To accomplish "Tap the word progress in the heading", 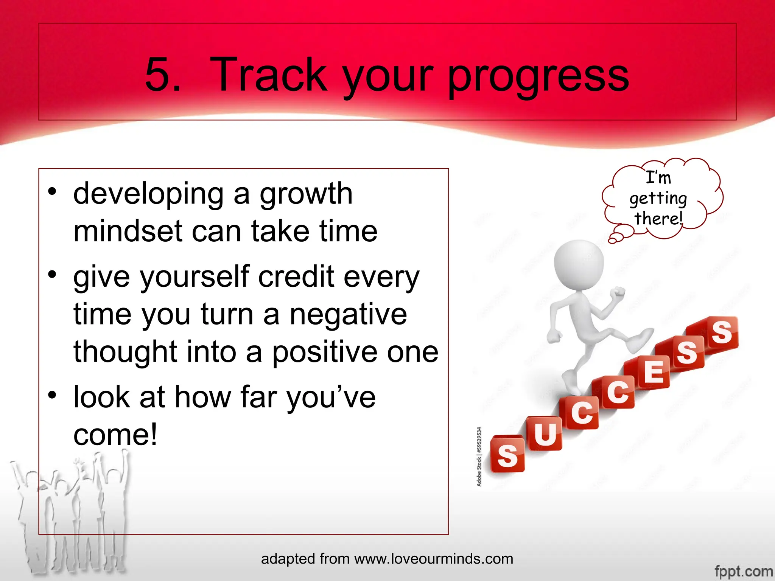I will (538, 78).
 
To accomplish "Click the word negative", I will (348, 315).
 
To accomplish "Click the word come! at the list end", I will (115, 435).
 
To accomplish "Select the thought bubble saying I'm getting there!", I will (660, 199).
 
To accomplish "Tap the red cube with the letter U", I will (545, 434).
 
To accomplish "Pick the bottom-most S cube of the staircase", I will (507, 455).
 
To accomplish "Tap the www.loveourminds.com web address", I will (434, 559).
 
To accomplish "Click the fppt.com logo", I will (744, 571).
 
